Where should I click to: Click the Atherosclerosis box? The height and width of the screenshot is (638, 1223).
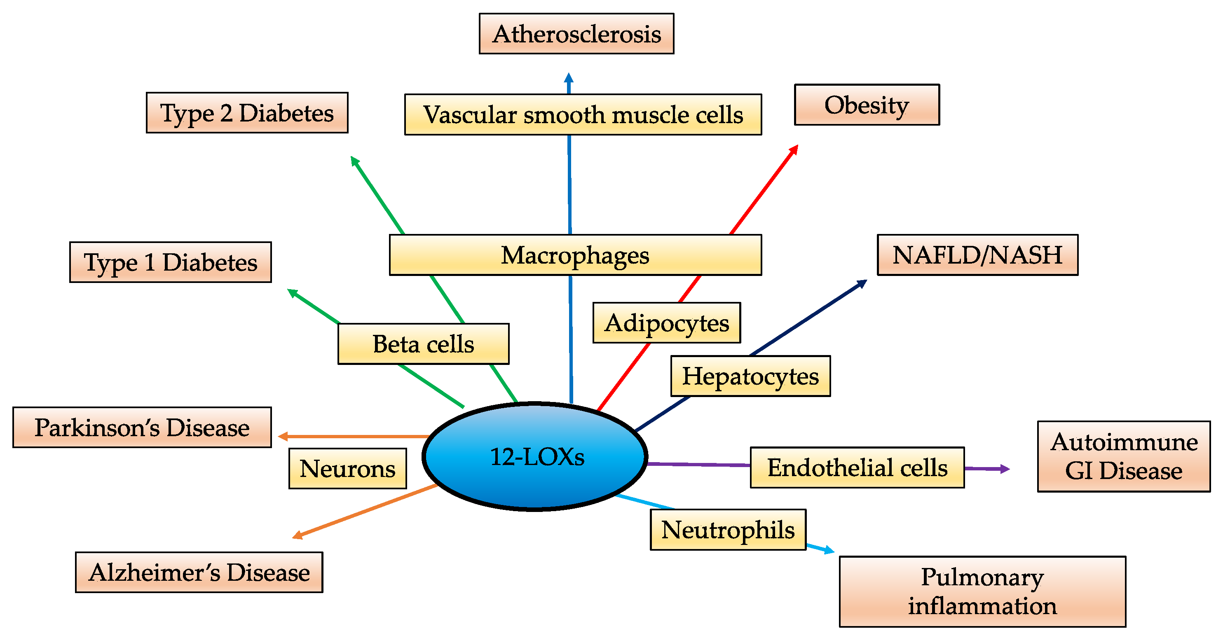576,34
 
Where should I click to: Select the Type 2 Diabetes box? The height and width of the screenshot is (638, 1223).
247,113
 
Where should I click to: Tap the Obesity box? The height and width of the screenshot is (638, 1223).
867,105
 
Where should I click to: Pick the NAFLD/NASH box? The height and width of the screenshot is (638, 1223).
977,255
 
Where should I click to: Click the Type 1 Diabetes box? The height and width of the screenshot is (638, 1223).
171,262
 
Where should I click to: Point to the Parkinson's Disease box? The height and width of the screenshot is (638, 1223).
142,427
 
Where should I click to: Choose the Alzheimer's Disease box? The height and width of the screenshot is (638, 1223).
199,572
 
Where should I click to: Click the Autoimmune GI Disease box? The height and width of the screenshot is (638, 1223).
1123,456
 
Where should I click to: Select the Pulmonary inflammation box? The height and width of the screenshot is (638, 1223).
982,591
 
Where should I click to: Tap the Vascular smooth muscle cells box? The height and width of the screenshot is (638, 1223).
583,115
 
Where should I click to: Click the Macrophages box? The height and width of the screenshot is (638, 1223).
575,255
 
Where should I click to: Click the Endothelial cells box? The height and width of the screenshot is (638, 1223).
857,467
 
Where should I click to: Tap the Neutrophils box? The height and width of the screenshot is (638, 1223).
727,530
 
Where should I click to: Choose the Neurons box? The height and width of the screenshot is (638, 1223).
347,469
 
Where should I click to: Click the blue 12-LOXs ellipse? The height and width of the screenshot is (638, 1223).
535,457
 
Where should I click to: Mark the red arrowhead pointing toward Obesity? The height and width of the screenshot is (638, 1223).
794,150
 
